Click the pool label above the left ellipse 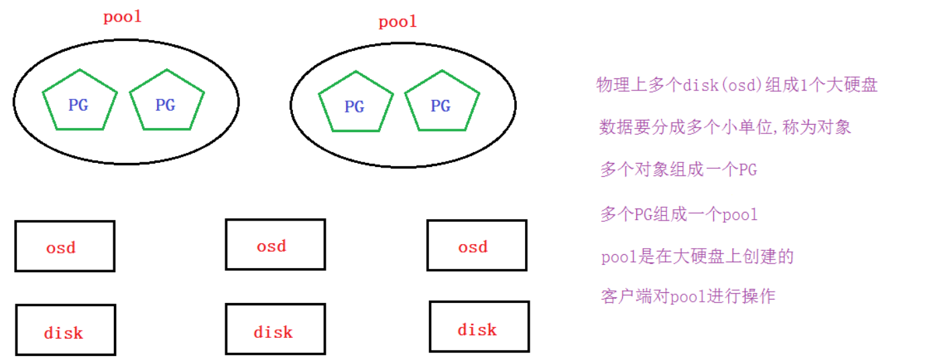tap(123, 17)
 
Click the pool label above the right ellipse tap(398, 22)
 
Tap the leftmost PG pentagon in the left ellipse tap(79, 101)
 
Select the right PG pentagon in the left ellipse tap(166, 101)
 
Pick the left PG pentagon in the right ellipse tap(355, 102)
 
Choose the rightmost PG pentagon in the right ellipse tap(442, 102)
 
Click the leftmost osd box tap(65, 246)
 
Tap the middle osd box tap(275, 245)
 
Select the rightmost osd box tap(477, 245)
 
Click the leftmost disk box tap(65, 330)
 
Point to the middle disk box tap(275, 329)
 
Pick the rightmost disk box tap(479, 326)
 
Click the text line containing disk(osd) tap(737, 85)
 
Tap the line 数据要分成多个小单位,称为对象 tap(725, 127)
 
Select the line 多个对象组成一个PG tap(678, 170)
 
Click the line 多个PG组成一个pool tap(678, 215)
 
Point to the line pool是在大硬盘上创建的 tap(697, 257)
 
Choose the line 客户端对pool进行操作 tap(688, 296)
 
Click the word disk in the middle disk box tap(274, 332)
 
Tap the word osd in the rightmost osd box tap(473, 247)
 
